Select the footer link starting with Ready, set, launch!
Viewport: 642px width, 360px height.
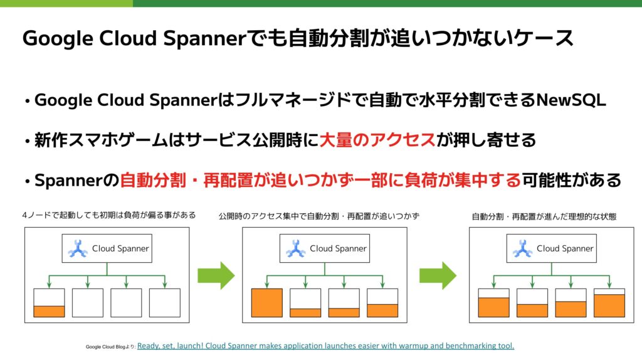325,346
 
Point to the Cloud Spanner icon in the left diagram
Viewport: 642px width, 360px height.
78,248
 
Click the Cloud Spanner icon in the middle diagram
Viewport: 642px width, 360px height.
295,248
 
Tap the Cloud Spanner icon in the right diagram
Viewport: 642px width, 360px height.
522,248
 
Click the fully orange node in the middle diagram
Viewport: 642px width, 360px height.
267,302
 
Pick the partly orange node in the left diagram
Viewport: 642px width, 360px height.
49,303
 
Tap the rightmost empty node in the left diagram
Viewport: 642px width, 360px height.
165,302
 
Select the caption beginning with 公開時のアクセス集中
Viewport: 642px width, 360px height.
319,216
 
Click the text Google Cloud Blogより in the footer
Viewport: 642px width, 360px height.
110,346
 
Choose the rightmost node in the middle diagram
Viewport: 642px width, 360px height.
382,303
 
